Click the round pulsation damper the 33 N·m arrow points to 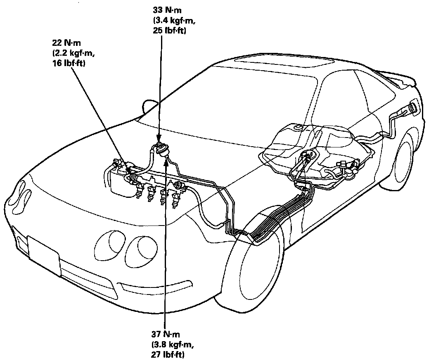[x=160, y=148]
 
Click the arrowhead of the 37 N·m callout [x=166, y=162]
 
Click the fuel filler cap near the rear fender [x=413, y=109]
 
